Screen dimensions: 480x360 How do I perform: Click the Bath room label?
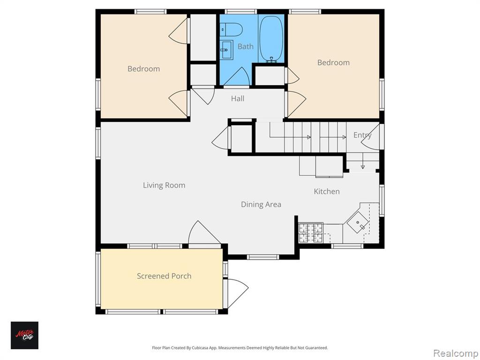(246, 46)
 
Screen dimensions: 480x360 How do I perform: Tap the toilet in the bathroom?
(232, 30)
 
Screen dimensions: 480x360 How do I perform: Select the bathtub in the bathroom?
(271, 38)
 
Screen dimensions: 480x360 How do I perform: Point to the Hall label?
(238, 98)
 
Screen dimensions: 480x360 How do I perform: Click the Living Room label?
(164, 186)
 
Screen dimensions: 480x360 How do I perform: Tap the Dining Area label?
(261, 204)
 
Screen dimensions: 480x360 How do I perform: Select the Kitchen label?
(327, 192)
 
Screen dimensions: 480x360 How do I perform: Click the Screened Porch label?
(164, 276)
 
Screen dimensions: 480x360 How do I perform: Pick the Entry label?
(362, 135)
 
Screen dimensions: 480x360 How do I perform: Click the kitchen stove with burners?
(311, 232)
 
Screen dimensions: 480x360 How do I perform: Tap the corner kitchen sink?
(358, 222)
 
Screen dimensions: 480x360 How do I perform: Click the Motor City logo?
(24, 335)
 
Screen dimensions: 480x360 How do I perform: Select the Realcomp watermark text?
(456, 353)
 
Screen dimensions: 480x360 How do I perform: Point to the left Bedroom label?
(143, 69)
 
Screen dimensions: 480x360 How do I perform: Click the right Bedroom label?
(333, 63)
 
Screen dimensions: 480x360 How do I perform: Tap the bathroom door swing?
(238, 76)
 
